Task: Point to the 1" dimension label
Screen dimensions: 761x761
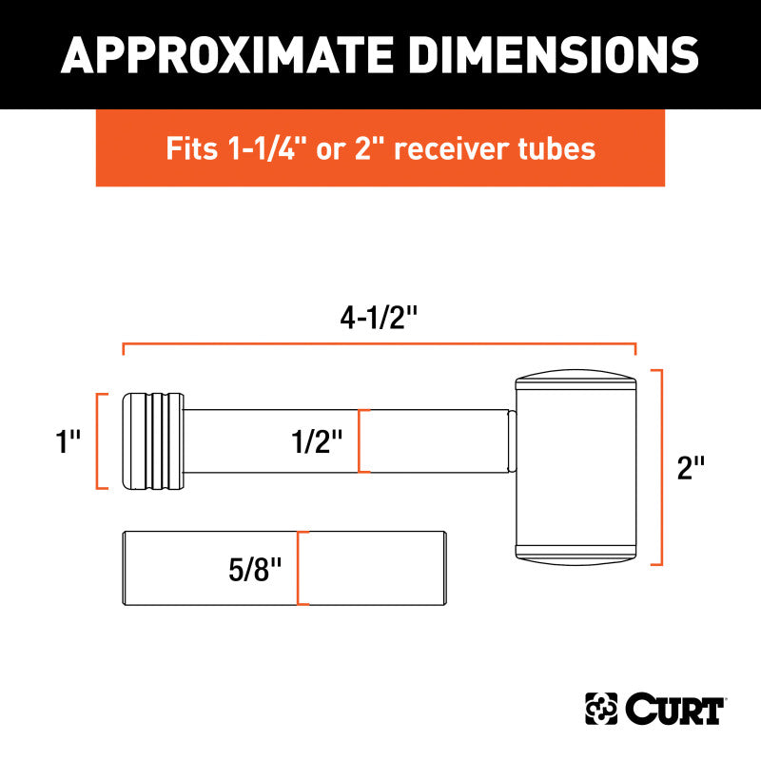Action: [68, 441]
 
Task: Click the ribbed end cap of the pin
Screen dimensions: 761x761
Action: [152, 440]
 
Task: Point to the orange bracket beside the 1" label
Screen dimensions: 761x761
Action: [99, 440]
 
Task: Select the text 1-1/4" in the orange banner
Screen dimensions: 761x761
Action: [254, 149]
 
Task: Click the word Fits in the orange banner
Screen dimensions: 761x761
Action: [190, 149]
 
